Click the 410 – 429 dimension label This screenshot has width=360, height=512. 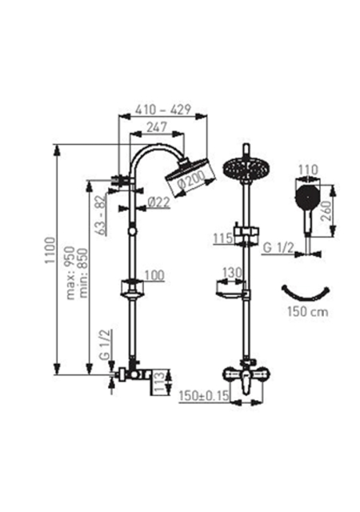point(162,110)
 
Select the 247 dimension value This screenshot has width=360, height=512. point(157,127)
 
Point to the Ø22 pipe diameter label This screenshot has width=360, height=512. point(158,202)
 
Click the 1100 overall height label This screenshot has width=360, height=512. point(50,250)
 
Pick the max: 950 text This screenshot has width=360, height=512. point(70,273)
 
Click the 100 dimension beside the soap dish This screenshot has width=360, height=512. point(154,275)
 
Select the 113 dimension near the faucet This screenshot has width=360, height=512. point(158,382)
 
